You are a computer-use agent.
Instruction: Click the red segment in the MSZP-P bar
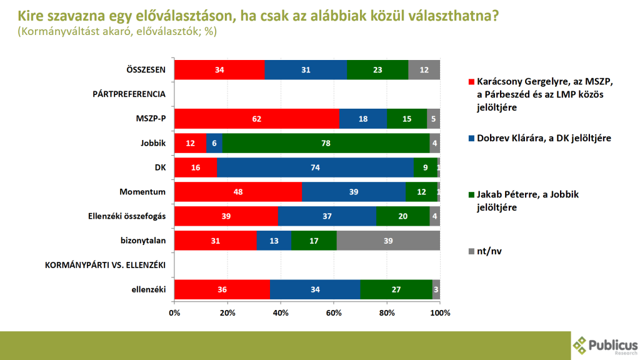point(256,118)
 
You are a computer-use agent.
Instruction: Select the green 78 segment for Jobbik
point(326,142)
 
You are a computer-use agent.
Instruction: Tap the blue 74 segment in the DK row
point(314,167)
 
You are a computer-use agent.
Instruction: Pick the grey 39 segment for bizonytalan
point(388,241)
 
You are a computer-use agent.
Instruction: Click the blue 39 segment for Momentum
point(354,192)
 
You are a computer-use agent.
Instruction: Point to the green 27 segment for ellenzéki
point(396,289)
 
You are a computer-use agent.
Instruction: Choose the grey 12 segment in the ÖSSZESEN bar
point(424,69)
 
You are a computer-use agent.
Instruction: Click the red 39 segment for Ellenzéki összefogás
point(226,216)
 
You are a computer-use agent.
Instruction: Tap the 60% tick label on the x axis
point(334,312)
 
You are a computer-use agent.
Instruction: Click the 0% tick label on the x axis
point(174,312)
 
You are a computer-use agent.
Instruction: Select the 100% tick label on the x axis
point(440,312)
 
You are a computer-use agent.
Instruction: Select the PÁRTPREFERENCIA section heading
point(129,94)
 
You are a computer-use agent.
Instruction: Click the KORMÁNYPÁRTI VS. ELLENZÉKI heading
point(106,265)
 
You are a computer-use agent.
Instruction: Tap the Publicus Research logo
point(604,344)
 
